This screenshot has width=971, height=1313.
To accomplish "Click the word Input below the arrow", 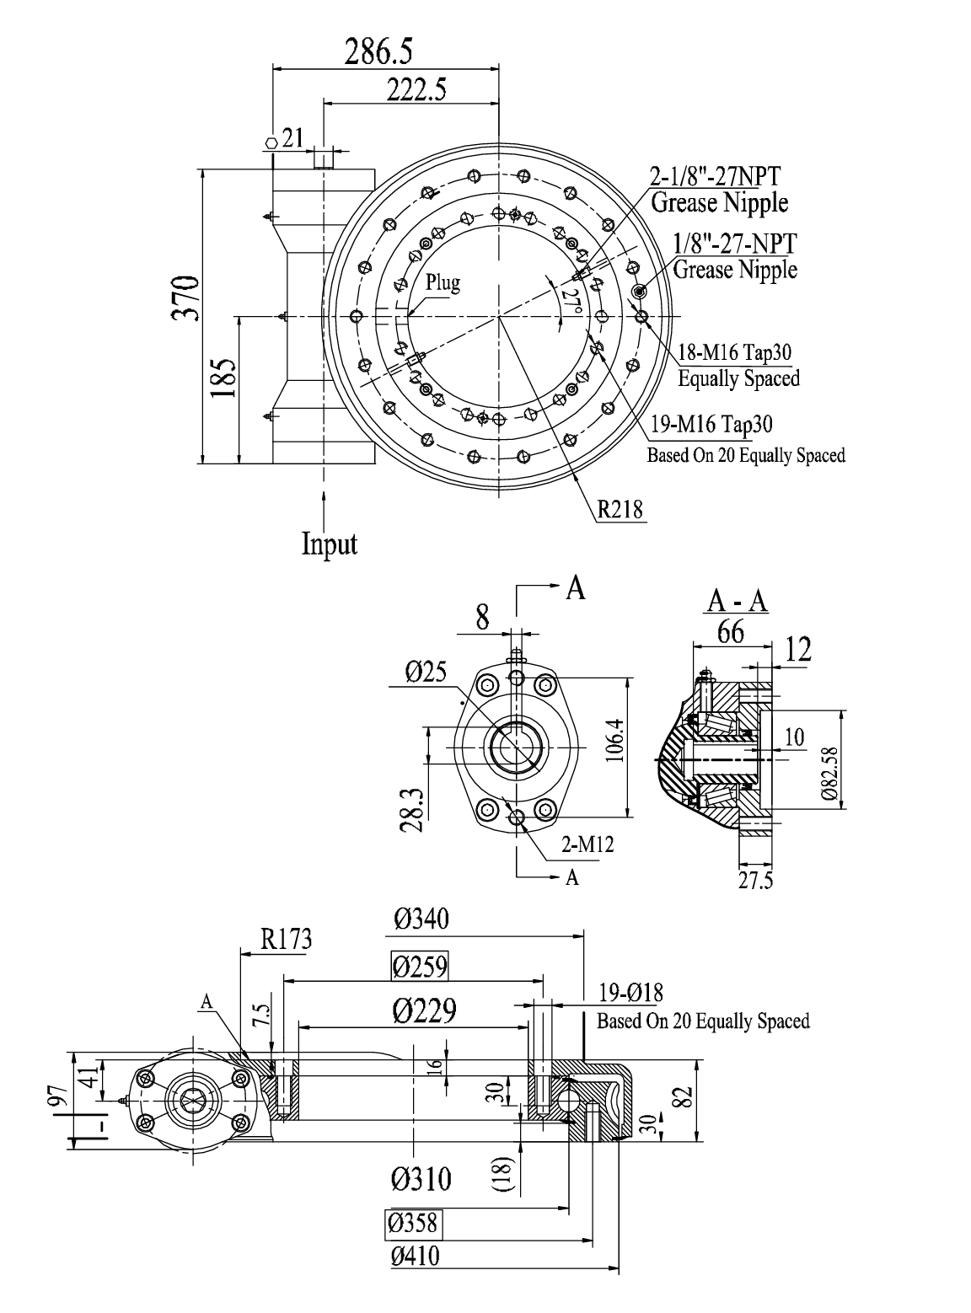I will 330,544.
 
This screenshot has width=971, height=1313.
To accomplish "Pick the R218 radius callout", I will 620,510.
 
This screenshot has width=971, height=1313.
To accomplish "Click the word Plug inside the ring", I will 443,282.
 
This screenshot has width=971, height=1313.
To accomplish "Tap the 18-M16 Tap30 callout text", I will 738,351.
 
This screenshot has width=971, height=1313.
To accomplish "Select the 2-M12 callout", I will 587,844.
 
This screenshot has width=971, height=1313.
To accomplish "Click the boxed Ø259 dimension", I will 420,966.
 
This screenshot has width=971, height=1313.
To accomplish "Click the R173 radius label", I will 285,940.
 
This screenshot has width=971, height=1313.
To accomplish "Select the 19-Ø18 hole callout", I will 630,991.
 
